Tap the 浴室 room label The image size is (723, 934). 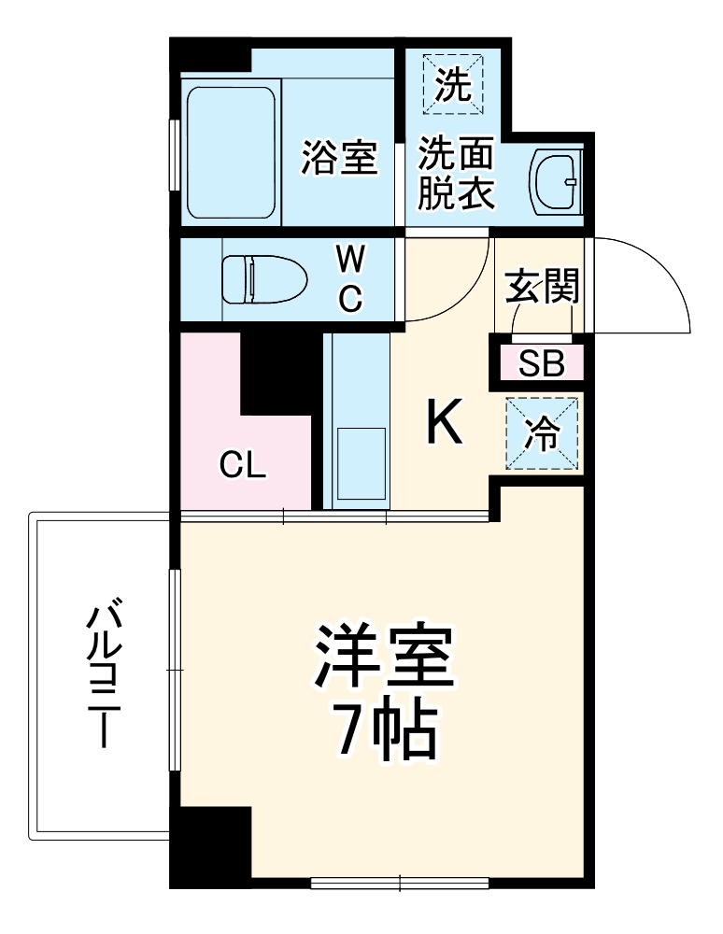click(338, 157)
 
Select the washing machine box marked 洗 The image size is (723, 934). click(453, 85)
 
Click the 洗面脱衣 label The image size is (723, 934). click(455, 173)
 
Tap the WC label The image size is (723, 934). click(349, 278)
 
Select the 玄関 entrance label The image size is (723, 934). click(543, 286)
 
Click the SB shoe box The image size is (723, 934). click(542, 363)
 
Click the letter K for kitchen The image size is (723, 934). click(444, 423)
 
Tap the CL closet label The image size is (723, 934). click(243, 464)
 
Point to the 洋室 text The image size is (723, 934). click(384, 658)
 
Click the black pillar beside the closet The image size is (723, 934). click(275, 373)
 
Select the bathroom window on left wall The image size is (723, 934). click(174, 155)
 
